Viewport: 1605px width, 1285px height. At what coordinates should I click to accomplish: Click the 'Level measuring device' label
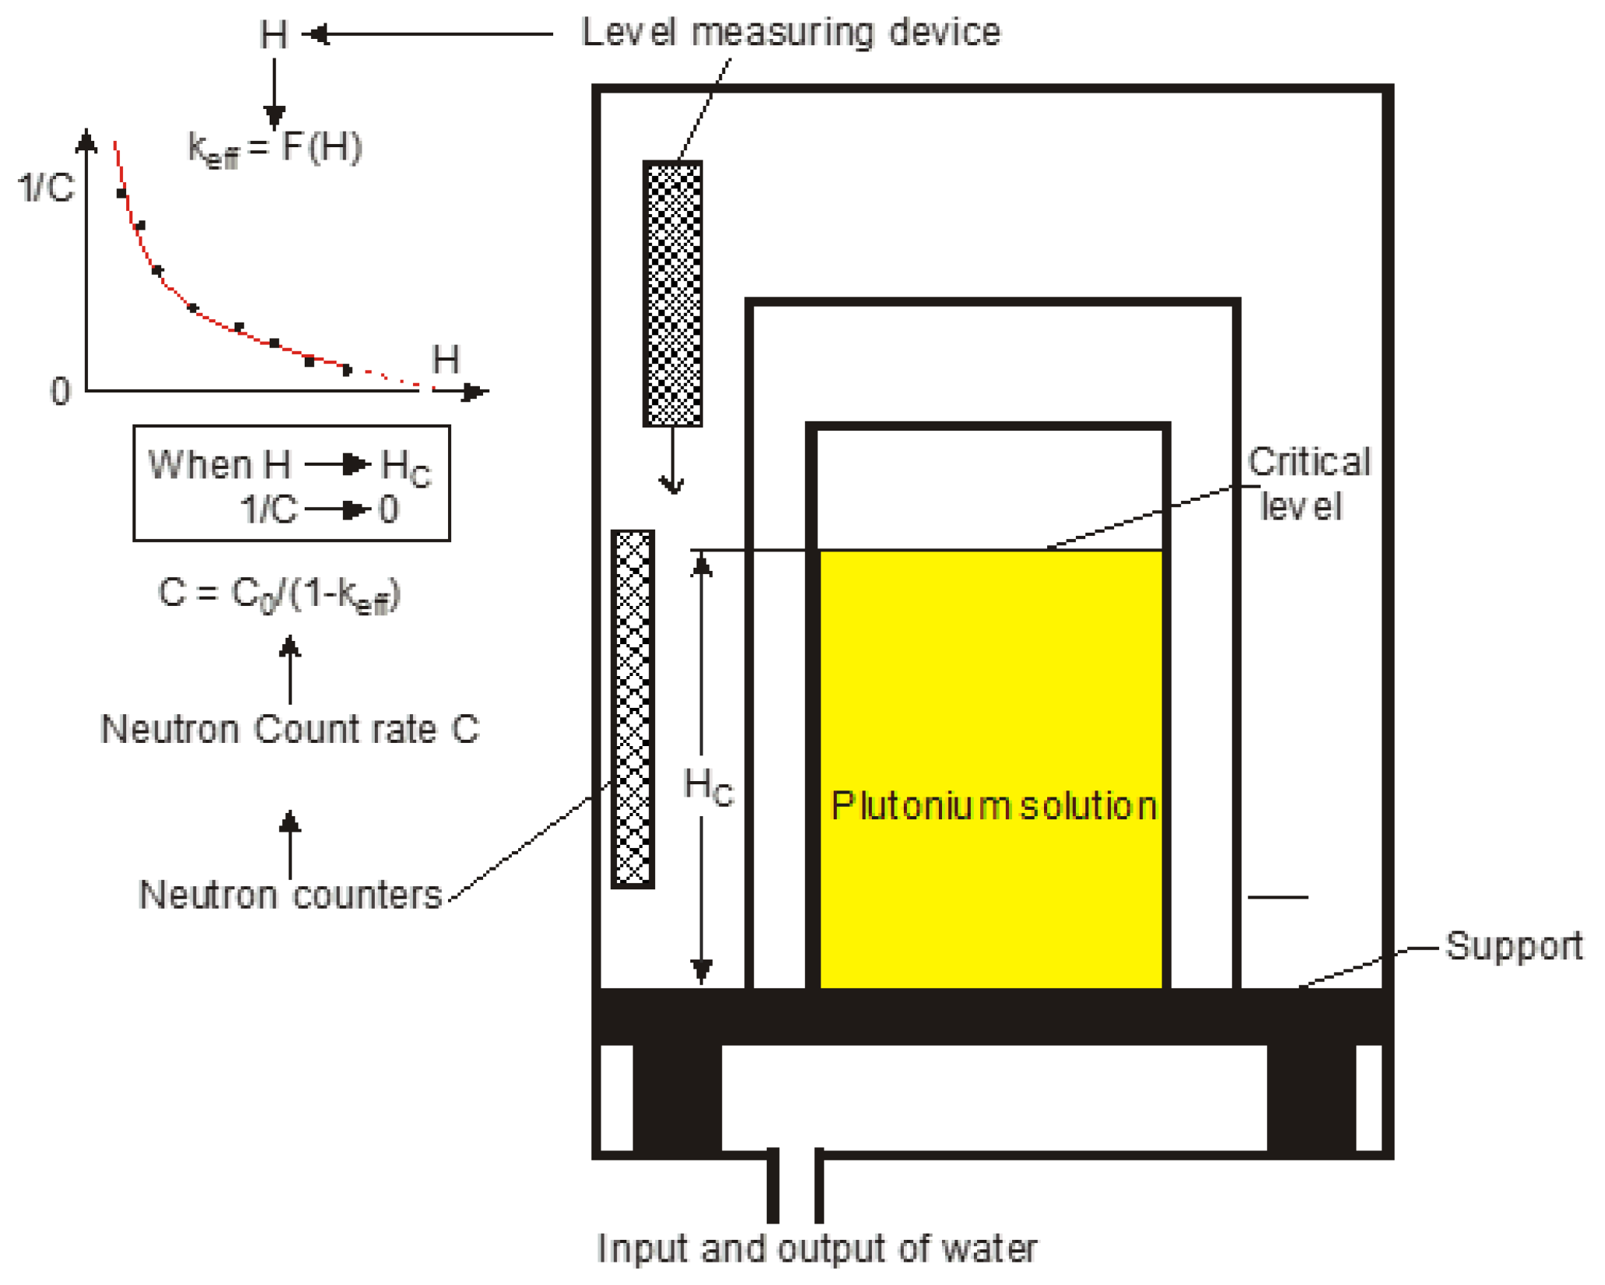coord(790,33)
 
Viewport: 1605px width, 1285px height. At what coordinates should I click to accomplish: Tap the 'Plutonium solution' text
coord(993,805)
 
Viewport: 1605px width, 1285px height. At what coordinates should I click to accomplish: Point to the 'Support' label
coord(1513,946)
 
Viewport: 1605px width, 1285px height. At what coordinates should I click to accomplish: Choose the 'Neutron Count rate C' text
coord(290,729)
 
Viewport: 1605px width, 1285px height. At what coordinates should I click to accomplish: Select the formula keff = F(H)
coord(275,147)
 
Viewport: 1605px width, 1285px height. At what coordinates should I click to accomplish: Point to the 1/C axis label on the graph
coord(46,188)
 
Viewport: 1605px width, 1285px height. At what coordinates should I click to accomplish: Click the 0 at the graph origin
coord(60,391)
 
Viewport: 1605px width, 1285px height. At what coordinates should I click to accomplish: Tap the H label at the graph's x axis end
coord(446,360)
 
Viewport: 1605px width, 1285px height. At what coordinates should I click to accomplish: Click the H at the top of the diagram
coord(273,35)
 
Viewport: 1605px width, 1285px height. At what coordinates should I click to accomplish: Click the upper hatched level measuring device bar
coord(672,294)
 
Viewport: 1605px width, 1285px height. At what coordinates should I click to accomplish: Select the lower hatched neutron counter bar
coord(633,709)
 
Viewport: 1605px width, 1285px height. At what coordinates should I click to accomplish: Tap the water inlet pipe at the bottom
coord(795,1184)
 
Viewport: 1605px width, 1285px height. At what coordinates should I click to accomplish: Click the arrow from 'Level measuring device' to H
coord(429,34)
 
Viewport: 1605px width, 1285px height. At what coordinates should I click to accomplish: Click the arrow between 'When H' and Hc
coord(337,465)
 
